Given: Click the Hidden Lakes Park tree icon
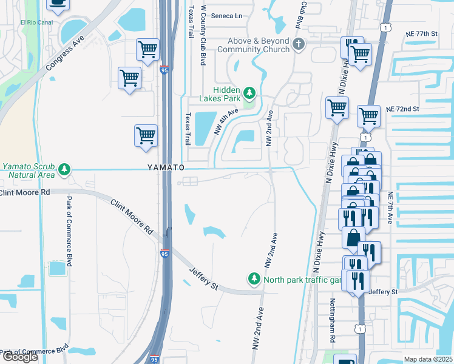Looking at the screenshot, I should (249, 93).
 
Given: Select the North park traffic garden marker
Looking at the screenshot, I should (254, 279).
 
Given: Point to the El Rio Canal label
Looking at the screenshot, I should (37, 23).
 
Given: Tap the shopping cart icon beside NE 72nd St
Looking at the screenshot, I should (368, 115).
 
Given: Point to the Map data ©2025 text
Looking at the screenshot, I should (429, 359).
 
